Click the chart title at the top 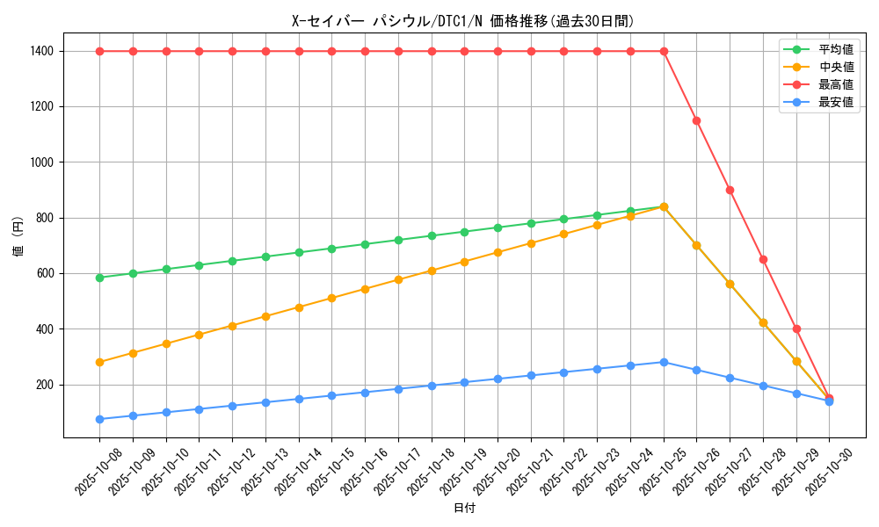[x=463, y=21]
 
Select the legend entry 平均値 [x=836, y=49]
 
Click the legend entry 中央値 [x=836, y=67]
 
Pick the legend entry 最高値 [x=836, y=84]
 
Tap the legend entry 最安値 [x=836, y=102]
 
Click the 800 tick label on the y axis [x=44, y=218]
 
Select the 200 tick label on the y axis [x=44, y=385]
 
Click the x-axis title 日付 [x=464, y=509]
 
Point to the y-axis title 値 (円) [x=18, y=237]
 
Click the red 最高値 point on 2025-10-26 [x=696, y=120]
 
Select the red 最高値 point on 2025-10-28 [x=763, y=259]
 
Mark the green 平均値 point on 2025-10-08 [x=99, y=278]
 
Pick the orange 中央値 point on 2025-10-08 [x=99, y=362]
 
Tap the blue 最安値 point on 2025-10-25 [x=664, y=362]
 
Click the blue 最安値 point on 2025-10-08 [x=99, y=419]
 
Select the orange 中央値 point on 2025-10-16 [x=365, y=289]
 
